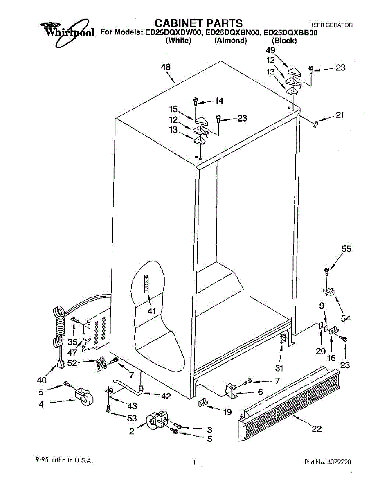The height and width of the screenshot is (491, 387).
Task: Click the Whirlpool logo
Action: tap(68, 29)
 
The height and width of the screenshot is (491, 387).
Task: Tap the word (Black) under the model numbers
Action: tap(284, 41)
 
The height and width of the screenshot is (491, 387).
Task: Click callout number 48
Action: tap(166, 67)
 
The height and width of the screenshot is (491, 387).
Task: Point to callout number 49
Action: tap(270, 50)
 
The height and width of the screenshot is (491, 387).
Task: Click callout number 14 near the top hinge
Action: tap(219, 101)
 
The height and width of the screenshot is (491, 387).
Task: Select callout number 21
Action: tap(340, 115)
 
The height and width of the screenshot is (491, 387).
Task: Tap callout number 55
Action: tap(346, 249)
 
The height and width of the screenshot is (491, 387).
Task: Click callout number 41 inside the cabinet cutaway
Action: tap(152, 311)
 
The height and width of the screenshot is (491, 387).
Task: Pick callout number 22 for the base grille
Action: tap(317, 429)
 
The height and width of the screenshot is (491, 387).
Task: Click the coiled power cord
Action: tap(59, 323)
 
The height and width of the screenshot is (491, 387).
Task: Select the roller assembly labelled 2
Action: tap(157, 421)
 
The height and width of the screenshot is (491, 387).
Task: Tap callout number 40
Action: tap(42, 381)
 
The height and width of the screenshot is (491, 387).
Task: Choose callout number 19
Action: tap(227, 412)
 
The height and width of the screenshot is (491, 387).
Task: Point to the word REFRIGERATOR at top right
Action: tap(331, 25)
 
